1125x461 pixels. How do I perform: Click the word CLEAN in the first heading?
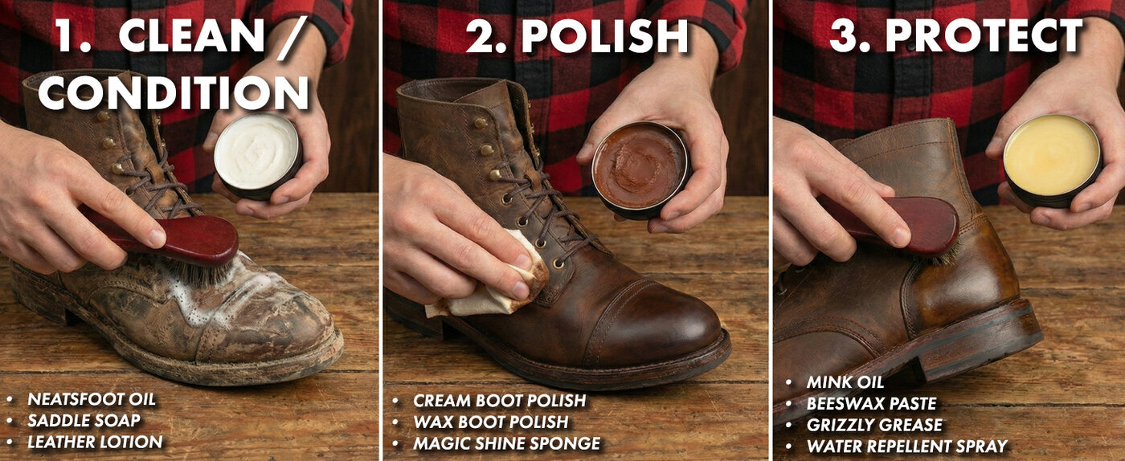(191, 36)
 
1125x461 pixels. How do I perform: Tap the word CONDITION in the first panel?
(174, 92)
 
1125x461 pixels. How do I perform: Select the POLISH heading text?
(605, 36)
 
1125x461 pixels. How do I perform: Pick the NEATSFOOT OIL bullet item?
(92, 399)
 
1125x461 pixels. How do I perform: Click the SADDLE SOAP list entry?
(84, 420)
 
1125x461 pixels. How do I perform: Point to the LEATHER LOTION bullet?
(95, 442)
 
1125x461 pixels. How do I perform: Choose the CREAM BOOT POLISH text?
(499, 400)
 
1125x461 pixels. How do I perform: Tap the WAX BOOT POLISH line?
(490, 422)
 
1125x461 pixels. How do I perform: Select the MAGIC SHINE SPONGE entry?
(506, 443)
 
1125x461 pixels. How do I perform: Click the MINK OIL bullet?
(845, 382)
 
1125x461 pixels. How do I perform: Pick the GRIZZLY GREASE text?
(874, 425)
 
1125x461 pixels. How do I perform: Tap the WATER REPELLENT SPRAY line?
(906, 447)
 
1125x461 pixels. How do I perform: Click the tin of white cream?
(257, 153)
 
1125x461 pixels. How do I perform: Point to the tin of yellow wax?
(1052, 157)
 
